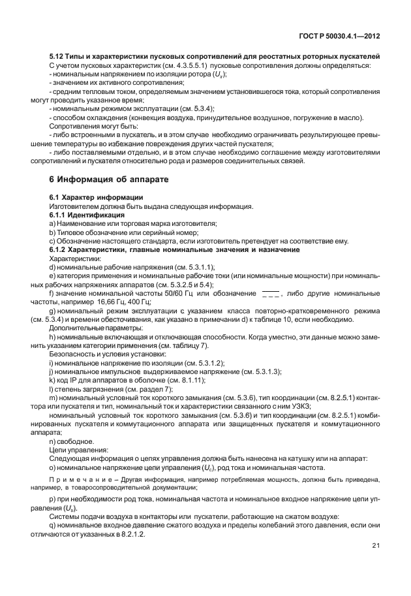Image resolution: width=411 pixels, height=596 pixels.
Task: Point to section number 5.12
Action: (57, 57)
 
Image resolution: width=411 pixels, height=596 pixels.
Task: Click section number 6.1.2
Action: (61, 249)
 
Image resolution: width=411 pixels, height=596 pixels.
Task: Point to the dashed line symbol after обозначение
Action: (270, 293)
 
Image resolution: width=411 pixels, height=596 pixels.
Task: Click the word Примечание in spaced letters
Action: (78, 479)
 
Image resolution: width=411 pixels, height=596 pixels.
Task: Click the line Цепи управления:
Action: (76, 450)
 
